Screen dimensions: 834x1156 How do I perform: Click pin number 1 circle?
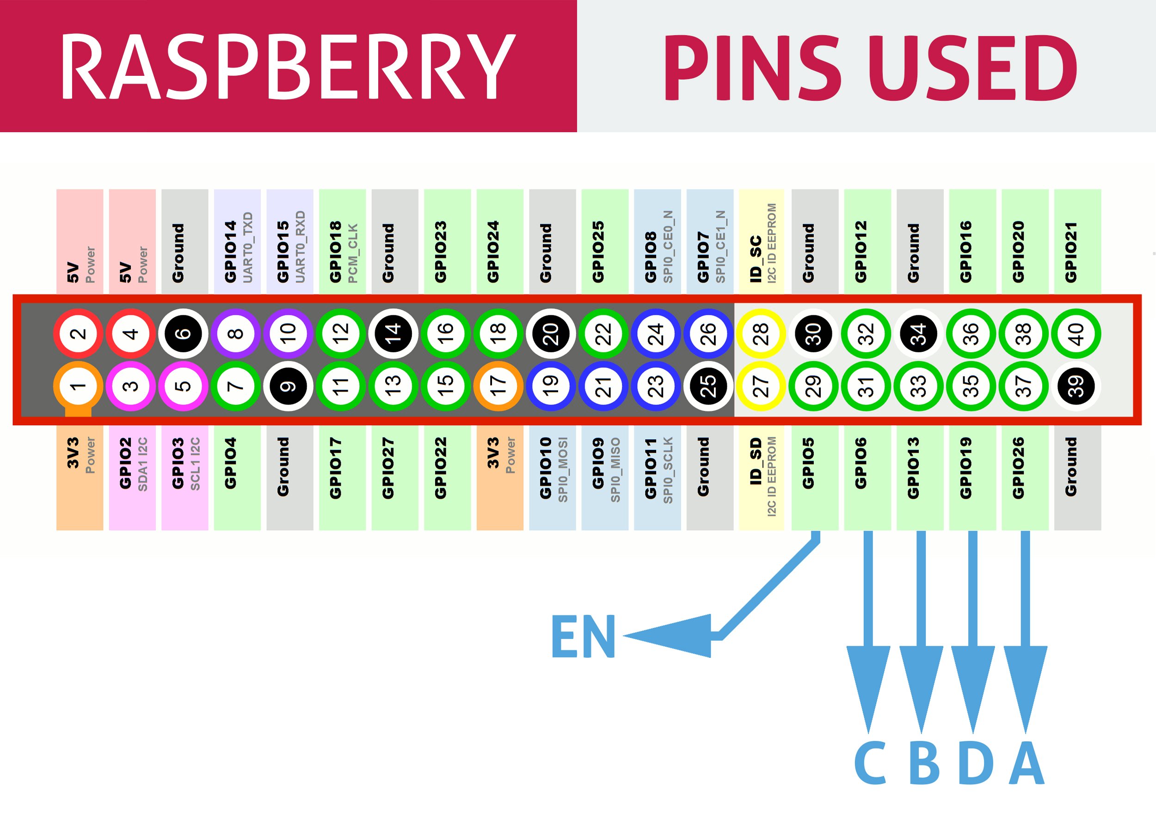pos(78,386)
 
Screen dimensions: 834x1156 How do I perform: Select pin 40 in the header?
pos(1076,334)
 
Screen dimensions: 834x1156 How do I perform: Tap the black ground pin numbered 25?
pos(708,386)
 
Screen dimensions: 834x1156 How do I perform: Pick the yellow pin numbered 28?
pos(761,334)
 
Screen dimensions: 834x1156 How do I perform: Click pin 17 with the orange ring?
pos(498,386)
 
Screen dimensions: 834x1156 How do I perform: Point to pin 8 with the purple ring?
pos(235,334)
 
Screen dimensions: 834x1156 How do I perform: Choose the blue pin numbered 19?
pos(550,386)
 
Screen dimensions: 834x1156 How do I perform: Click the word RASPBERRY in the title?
pos(289,66)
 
